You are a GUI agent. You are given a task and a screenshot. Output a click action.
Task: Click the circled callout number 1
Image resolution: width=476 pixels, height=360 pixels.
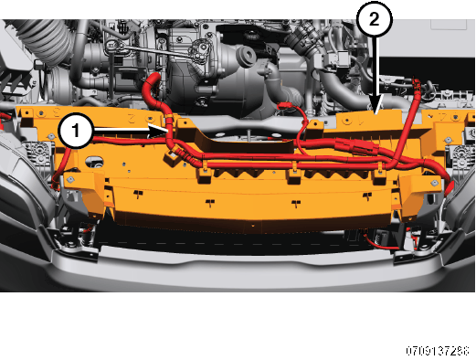pos(76,131)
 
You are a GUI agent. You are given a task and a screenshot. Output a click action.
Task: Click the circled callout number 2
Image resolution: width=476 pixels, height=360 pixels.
pos(375,19)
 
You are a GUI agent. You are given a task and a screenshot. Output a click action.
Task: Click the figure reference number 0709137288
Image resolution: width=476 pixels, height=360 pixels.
pos(438,351)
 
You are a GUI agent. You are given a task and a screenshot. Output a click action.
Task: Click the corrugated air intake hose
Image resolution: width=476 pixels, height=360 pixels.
pos(46,39)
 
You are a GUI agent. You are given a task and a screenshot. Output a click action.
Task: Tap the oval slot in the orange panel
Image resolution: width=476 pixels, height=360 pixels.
pos(93,161)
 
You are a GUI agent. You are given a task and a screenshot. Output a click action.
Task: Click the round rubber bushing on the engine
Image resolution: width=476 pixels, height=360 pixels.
pos(246,56)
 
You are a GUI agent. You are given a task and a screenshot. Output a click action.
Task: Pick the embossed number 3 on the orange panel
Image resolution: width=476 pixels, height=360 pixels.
pos(57,112)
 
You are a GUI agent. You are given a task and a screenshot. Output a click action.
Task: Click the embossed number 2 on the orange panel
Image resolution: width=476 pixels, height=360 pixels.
pos(132,119)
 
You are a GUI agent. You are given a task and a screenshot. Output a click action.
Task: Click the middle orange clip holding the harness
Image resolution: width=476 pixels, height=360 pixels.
pos(294,173)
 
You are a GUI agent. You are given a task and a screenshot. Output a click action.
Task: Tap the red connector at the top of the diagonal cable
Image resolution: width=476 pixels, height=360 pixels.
pos(416,84)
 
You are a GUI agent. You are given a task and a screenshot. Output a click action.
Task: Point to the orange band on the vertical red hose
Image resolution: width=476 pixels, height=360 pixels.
pos(168,117)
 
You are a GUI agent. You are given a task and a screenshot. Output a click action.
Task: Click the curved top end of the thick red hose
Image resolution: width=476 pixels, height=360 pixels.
pos(152,79)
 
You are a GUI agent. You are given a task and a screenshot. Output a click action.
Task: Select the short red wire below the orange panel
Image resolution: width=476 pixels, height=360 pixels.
pos(381,244)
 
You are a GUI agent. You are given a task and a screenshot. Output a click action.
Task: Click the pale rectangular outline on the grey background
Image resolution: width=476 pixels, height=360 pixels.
pos(449,25)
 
